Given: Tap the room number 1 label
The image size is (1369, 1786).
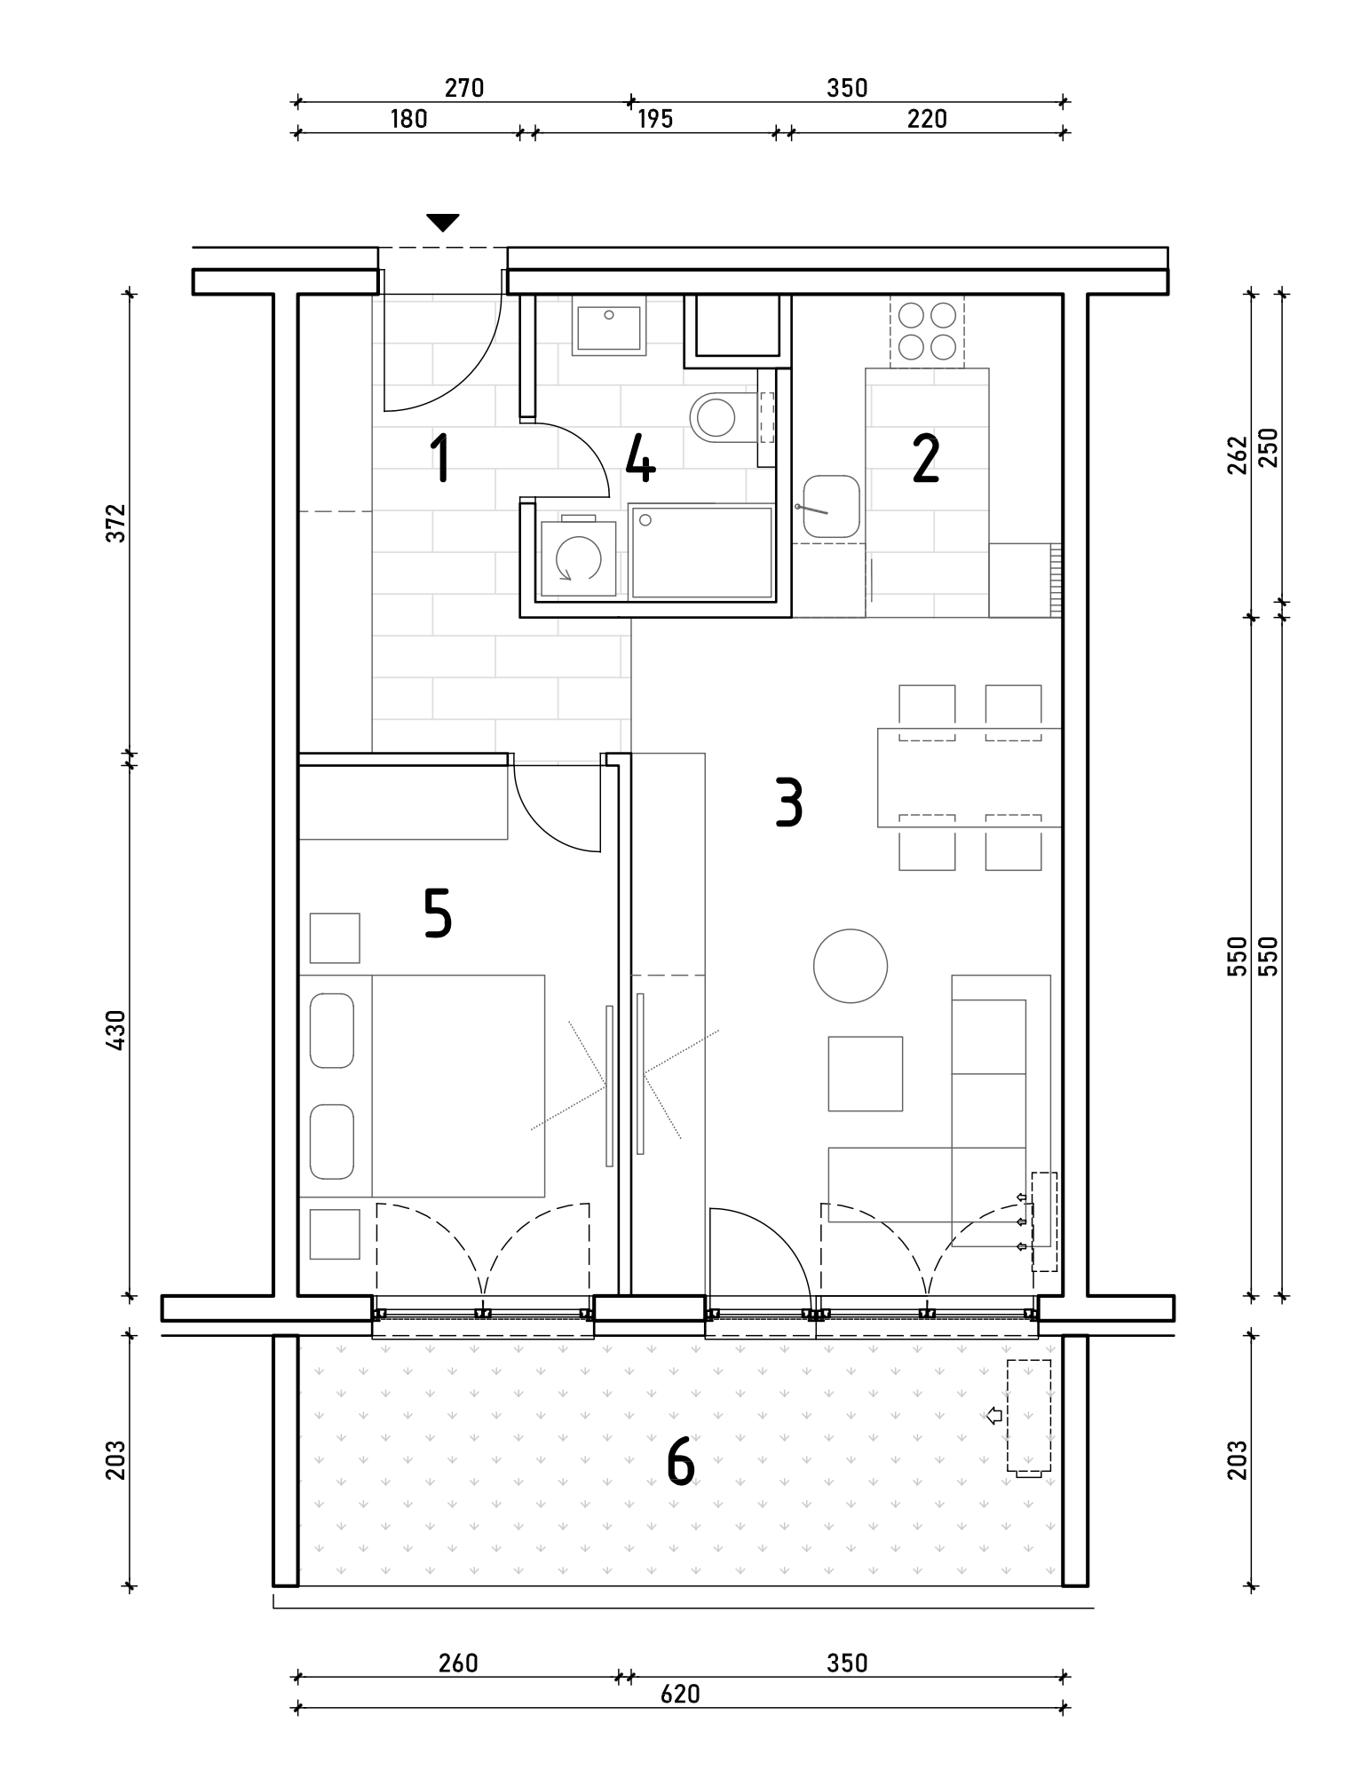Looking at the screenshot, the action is (439, 457).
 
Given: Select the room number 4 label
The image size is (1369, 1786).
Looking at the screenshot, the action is (640, 458).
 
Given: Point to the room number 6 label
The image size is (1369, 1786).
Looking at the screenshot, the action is (680, 1461).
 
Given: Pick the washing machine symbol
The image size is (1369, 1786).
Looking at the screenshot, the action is (578, 557).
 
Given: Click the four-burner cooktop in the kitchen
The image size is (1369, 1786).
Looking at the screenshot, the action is (927, 330).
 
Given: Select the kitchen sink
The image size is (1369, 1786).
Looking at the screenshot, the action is (832, 507).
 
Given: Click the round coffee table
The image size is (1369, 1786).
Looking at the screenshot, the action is (851, 966).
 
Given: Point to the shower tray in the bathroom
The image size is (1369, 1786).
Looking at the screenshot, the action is (702, 551).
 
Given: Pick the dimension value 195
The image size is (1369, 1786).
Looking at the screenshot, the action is (655, 118).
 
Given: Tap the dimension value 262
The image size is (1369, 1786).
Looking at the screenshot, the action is (1238, 454).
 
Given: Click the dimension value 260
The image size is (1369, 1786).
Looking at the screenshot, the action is (459, 1663).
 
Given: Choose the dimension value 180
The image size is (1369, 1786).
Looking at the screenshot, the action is (409, 118).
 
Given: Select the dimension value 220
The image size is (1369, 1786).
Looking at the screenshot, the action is (928, 118).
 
